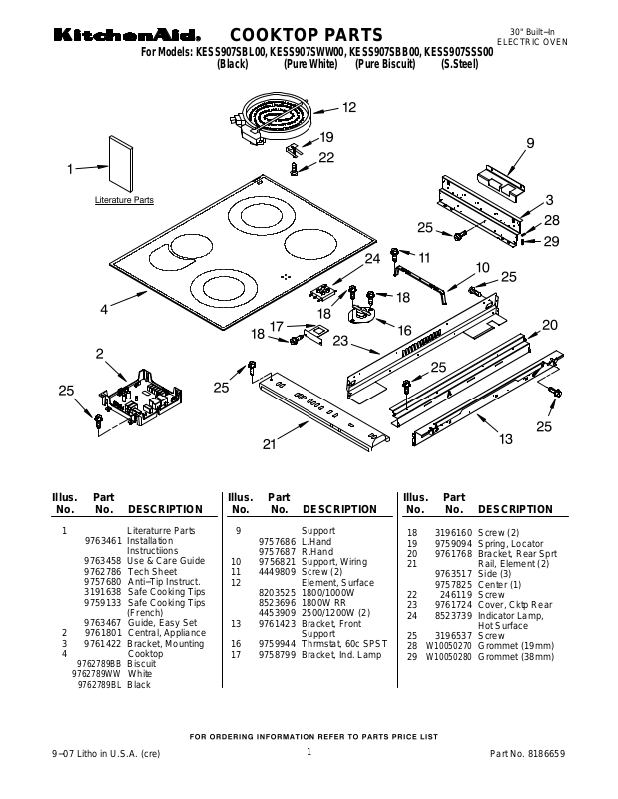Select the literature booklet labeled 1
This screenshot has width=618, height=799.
(x=122, y=163)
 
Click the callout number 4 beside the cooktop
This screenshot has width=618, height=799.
(x=104, y=310)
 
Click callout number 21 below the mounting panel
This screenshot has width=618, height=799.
(x=269, y=444)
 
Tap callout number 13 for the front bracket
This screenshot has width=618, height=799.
(x=505, y=438)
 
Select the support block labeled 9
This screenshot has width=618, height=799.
(x=502, y=177)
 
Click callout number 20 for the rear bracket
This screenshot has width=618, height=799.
(x=550, y=324)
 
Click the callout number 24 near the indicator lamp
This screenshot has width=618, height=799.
(x=372, y=259)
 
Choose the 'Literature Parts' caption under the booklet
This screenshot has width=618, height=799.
(x=124, y=200)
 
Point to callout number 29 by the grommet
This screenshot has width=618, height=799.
(x=552, y=241)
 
